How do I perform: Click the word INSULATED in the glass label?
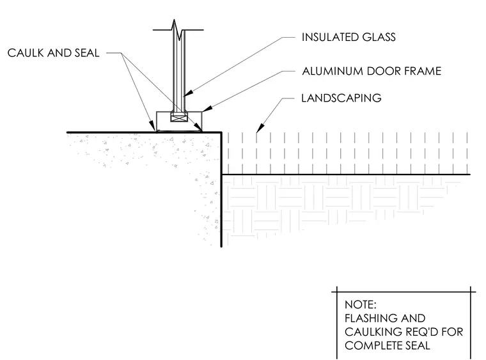(330, 37)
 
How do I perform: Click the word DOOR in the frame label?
(383, 71)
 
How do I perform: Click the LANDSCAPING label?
(341, 98)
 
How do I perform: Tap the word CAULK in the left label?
(26, 53)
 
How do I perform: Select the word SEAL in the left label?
(87, 53)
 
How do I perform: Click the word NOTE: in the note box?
(361, 305)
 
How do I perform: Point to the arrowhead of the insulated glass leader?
(189, 93)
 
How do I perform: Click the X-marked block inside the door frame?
(179, 118)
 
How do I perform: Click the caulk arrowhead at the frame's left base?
(153, 127)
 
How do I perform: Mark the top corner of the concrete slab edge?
(222, 132)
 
